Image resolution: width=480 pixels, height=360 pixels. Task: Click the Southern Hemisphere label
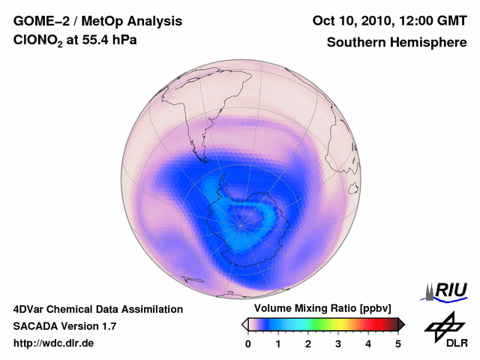click(397, 43)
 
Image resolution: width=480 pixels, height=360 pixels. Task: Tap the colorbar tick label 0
click(248, 343)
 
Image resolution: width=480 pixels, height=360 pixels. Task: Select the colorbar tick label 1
click(278, 343)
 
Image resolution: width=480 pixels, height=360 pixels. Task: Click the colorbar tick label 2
click(308, 343)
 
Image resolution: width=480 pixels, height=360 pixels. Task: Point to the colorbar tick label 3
click(338, 343)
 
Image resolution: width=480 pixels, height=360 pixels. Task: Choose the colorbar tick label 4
click(368, 343)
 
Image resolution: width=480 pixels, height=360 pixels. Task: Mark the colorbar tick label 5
click(398, 343)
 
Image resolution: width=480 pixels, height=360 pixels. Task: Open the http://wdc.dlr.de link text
click(54, 343)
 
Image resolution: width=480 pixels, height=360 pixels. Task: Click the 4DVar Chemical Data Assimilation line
click(97, 309)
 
